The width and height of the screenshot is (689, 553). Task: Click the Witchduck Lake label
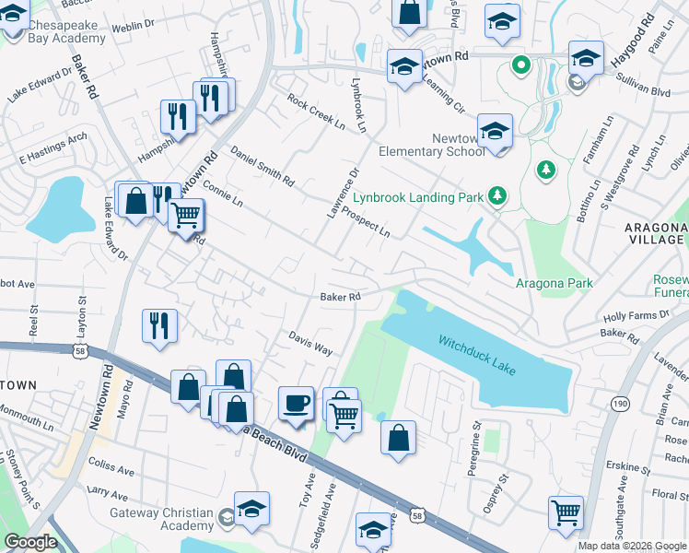click(x=477, y=356)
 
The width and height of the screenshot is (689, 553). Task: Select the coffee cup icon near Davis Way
click(x=296, y=404)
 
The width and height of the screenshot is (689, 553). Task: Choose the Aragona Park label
click(x=554, y=283)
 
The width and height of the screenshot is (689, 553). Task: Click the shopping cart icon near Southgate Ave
click(x=565, y=512)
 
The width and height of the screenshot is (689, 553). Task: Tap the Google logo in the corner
click(x=30, y=542)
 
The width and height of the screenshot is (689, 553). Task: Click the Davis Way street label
click(x=310, y=344)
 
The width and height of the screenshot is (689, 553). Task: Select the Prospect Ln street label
click(x=366, y=222)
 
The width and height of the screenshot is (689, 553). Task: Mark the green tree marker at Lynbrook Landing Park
click(x=497, y=195)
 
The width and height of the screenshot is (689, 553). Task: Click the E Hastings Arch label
click(x=53, y=147)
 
